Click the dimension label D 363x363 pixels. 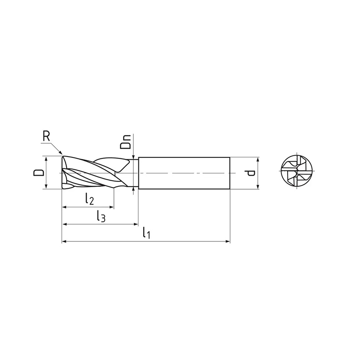(x=39, y=172)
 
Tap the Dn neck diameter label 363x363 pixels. (x=126, y=142)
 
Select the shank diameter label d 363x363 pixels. (x=250, y=173)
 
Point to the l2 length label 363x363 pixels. (x=89, y=199)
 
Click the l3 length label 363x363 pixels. (x=101, y=216)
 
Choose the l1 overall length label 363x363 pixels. (x=147, y=233)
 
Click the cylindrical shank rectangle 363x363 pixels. (x=184, y=173)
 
